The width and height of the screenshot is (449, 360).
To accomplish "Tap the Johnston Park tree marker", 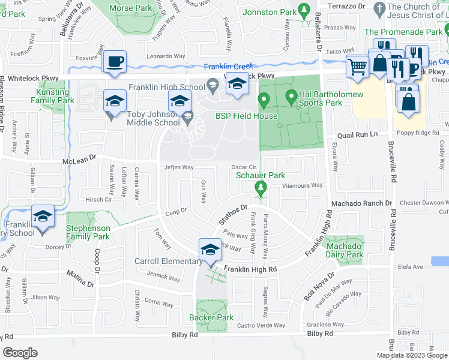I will pyautogui.click(x=304, y=10).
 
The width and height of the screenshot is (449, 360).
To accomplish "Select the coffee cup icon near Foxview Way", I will pyautogui.click(x=114, y=61).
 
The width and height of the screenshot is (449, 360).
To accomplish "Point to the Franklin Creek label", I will pyautogui.click(x=228, y=67).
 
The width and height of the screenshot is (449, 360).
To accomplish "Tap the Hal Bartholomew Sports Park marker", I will pyautogui.click(x=291, y=96).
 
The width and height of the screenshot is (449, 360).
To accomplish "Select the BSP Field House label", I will pyautogui.click(x=247, y=116).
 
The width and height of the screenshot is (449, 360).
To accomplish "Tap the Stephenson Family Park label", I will pyautogui.click(x=88, y=233).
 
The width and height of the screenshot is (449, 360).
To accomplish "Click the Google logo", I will pyautogui.click(x=20, y=353).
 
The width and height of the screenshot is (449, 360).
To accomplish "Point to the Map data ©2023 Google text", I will pyautogui.click(x=412, y=355).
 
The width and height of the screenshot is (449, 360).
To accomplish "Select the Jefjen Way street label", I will pyautogui.click(x=179, y=168).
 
